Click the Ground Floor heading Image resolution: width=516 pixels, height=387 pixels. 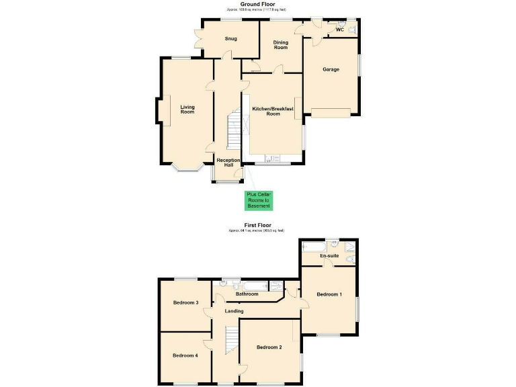257,4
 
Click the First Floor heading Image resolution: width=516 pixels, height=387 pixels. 257,226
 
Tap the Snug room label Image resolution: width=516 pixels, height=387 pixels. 230,38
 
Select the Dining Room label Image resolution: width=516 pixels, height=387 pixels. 280,45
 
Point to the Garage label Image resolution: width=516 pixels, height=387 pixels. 331,69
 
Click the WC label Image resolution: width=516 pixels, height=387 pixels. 339,30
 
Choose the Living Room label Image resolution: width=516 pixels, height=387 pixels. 187,109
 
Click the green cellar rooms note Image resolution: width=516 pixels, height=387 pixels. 257,200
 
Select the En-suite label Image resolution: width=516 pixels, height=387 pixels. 329,256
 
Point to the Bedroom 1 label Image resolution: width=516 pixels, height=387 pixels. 329,294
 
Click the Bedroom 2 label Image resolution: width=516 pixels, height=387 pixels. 269,347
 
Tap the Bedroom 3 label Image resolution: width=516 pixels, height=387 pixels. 185,303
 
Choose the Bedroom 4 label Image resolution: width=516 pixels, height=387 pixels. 185,355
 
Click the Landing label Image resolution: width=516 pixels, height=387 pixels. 234,311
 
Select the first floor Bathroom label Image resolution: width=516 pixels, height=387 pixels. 247,294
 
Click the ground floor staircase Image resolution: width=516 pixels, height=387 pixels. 232,131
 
